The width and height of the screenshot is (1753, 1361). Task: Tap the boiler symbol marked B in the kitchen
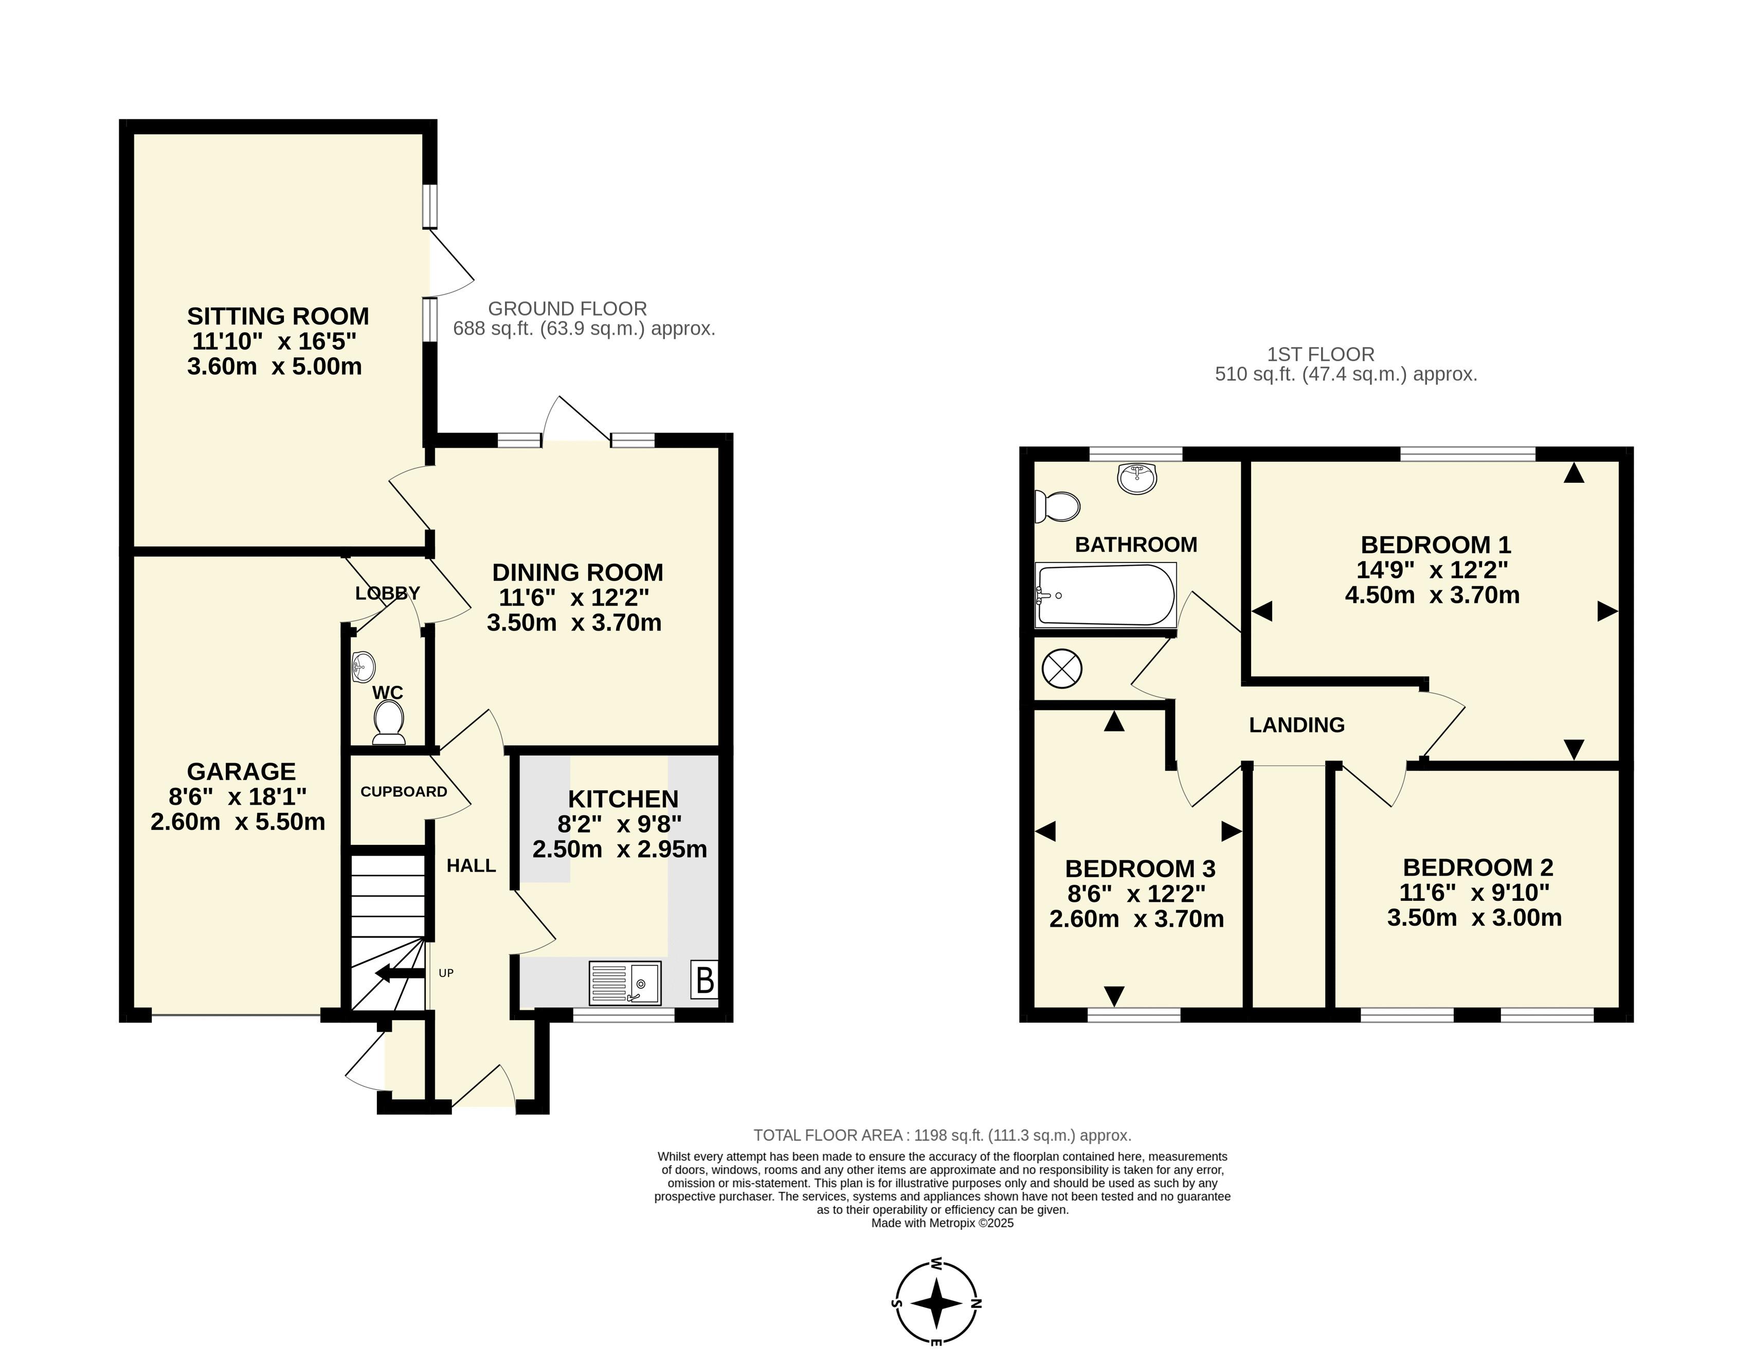704,980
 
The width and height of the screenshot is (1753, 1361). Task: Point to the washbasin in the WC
364,666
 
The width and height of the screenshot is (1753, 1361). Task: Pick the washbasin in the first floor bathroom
1136,478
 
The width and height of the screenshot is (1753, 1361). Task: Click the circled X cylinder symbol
1062,668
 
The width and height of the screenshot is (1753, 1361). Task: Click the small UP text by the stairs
446,973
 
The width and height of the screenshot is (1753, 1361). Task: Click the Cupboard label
404,792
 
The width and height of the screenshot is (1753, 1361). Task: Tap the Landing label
1297,724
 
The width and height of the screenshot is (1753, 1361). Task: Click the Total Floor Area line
942,1135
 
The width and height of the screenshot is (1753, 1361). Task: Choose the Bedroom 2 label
1478,867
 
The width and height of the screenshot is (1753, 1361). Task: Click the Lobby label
388,593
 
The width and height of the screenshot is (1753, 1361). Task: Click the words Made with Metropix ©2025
942,1223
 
